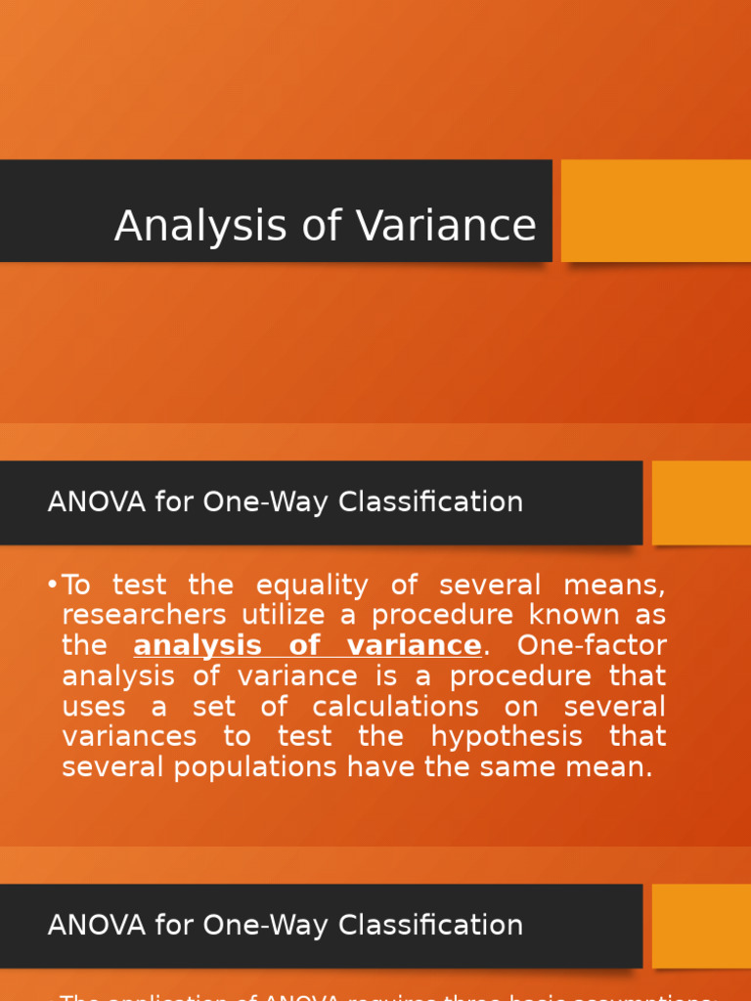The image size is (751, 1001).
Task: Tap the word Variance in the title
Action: pos(446,227)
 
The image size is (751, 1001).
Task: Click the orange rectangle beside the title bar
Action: pos(655,211)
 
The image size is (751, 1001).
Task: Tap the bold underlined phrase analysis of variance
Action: pos(307,646)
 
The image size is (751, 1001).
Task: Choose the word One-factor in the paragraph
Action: pos(592,646)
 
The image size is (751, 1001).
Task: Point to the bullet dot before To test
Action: pos(52,586)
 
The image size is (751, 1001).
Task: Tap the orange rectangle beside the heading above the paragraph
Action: pos(701,502)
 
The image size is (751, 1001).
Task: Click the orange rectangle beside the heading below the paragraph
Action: pos(701,925)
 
